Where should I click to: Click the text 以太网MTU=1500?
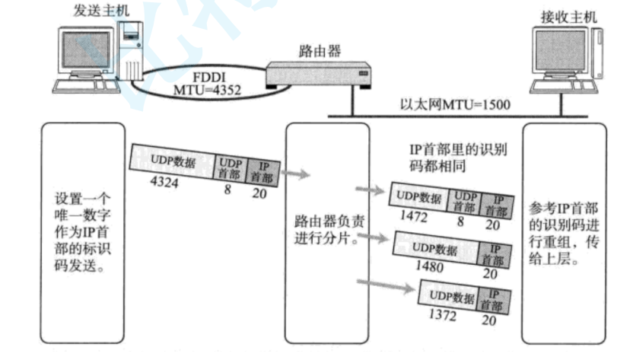coord(455,105)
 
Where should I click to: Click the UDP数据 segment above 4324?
coord(174,161)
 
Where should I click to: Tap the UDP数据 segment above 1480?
coord(434,248)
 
